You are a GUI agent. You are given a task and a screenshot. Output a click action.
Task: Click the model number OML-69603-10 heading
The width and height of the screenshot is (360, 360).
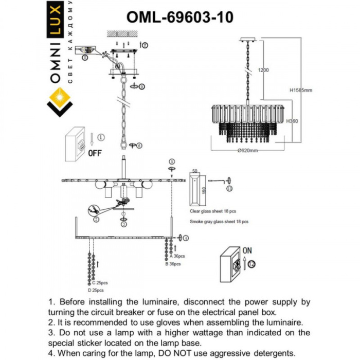pos(179,16)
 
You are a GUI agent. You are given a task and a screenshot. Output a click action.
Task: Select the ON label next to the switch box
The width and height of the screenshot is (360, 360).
pos(247,250)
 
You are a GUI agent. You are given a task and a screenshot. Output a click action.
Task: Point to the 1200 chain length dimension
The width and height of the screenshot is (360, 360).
pos(263,70)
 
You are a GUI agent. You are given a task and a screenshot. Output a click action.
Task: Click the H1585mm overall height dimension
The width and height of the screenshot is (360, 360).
pos(301,90)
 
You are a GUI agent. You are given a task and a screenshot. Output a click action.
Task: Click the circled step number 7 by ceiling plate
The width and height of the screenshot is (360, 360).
pos(145,45)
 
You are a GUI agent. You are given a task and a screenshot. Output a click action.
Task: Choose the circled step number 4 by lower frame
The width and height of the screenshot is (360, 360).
pos(186,238)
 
